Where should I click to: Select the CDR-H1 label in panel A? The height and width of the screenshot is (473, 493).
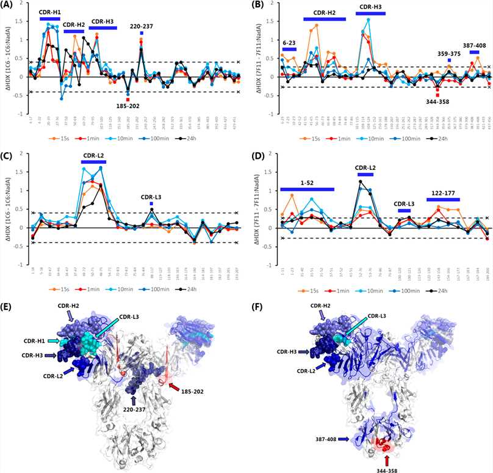click(49, 12)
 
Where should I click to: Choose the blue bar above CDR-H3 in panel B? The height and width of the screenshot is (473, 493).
click(371, 13)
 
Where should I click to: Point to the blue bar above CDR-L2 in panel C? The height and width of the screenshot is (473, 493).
click(93, 178)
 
